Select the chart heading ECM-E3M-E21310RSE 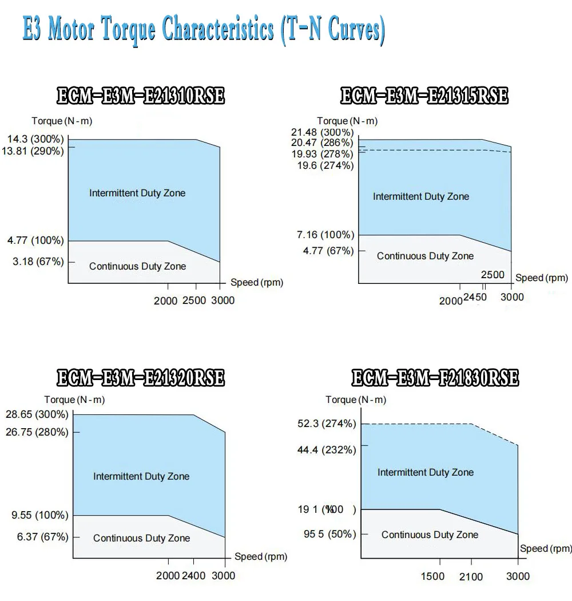tap(141, 96)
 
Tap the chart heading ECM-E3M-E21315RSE tap(424, 96)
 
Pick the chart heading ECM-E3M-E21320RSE tap(141, 378)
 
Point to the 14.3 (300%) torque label tap(35, 139)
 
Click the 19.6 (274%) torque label tap(325, 165)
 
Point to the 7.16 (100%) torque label tap(325, 235)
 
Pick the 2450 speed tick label tap(475, 297)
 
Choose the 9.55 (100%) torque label tap(40, 515)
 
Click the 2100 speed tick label tap(471, 576)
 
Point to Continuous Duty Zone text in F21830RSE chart tap(430, 535)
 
